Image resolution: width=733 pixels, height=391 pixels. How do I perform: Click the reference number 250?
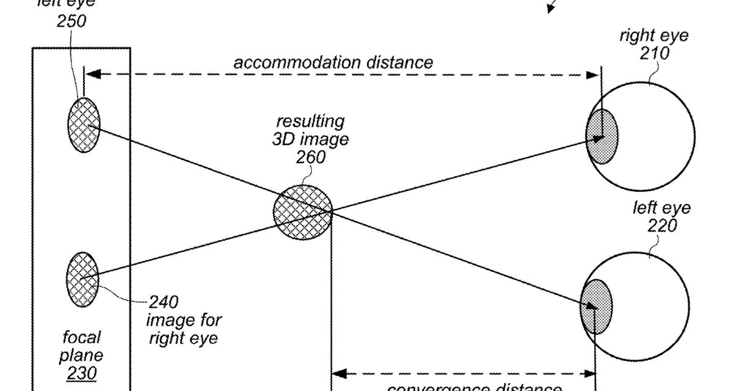[x=71, y=21]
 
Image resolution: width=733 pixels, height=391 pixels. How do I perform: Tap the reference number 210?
[x=654, y=53]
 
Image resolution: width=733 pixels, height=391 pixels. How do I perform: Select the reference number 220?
[x=662, y=225]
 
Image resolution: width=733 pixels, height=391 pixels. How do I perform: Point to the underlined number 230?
[x=81, y=373]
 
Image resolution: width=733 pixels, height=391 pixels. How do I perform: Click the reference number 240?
[x=164, y=302]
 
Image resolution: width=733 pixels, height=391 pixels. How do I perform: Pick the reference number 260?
[x=310, y=157]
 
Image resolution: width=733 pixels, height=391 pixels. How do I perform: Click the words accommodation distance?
[x=333, y=62]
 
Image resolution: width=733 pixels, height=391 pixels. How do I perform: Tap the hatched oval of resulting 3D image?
[x=303, y=211]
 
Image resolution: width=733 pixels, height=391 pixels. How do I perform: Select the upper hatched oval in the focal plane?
[x=83, y=125]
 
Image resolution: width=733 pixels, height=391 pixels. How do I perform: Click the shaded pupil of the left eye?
[x=596, y=304]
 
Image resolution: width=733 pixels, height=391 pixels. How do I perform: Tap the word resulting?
[x=310, y=121]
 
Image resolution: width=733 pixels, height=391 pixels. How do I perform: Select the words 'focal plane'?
[x=82, y=346]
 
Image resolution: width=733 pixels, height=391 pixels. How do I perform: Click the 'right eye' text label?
[x=654, y=35]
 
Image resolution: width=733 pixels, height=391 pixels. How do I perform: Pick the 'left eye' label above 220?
[x=662, y=208]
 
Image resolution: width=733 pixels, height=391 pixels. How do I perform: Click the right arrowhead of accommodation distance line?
[x=593, y=75]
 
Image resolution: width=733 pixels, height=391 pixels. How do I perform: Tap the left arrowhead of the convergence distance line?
[x=337, y=372]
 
